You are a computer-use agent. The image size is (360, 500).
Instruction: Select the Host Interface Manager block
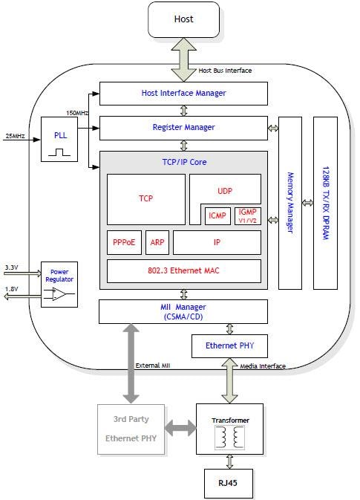(x=183, y=94)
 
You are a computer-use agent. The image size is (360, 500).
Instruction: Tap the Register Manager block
(x=183, y=128)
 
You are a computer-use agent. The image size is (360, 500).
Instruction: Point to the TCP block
(x=145, y=199)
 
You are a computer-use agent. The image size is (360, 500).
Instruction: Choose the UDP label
(x=226, y=190)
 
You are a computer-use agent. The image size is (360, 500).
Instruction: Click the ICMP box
(x=217, y=216)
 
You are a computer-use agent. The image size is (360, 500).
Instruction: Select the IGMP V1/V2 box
(x=247, y=216)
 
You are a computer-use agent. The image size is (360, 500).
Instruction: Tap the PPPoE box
(x=124, y=242)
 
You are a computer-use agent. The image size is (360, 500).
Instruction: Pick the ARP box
(x=157, y=242)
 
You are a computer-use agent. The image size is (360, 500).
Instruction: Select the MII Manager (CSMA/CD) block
(x=183, y=311)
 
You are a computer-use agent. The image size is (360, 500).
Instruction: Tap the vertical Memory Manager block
(x=290, y=202)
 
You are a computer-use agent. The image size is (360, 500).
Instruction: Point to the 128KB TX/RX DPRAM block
(x=325, y=202)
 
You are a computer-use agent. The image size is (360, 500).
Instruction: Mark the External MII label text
(x=154, y=366)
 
